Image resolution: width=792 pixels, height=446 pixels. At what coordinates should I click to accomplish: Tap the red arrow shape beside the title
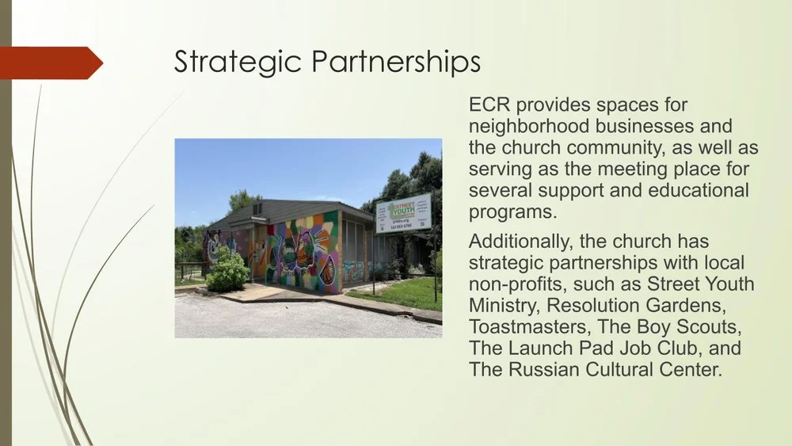pos(51,63)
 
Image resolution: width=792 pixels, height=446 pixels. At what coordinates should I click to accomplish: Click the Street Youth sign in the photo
pos(403,213)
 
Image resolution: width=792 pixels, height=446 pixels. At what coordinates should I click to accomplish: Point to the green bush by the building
pos(228,272)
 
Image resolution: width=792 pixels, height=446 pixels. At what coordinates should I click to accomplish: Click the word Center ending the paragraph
pos(689,370)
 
